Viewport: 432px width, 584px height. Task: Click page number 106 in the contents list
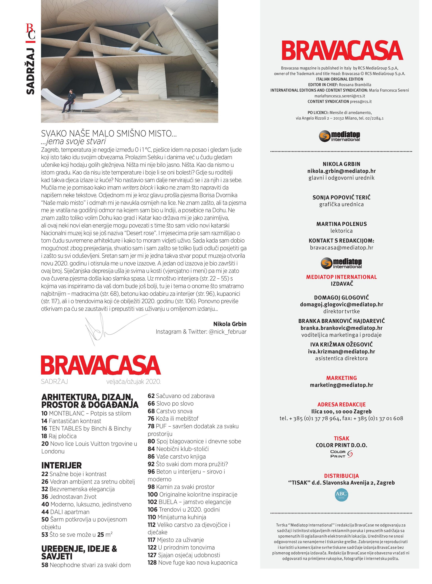tap(152, 510)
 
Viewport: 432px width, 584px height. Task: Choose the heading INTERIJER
tap(61, 466)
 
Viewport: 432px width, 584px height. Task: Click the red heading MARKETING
tap(341, 378)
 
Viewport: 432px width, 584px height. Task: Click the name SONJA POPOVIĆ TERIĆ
tap(341, 197)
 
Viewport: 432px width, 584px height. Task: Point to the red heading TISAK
tap(341, 438)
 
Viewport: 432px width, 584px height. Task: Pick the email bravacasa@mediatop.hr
tap(341, 248)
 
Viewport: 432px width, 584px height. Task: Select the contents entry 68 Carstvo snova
tap(170, 411)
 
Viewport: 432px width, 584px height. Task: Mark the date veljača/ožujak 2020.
tap(133, 382)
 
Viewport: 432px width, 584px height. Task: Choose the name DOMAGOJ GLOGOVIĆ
tap(341, 297)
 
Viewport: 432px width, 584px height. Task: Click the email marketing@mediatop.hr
tap(341, 385)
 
